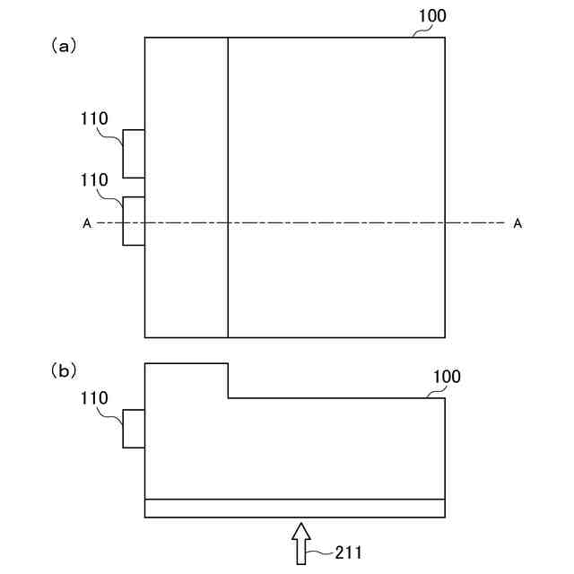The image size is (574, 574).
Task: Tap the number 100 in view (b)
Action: [446, 377]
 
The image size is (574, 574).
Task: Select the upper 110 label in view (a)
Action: [93, 117]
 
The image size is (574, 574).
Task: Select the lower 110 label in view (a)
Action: [93, 180]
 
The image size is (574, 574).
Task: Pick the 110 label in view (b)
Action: [93, 396]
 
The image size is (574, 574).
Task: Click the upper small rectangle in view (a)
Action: [134, 153]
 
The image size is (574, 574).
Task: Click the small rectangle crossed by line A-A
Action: [134, 221]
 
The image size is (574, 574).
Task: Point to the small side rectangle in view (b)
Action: [134, 428]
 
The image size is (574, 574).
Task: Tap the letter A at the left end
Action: [87, 224]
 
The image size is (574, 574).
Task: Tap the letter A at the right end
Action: [517, 224]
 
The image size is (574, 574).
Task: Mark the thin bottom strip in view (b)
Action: [295, 508]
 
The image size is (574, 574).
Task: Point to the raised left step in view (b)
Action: [187, 380]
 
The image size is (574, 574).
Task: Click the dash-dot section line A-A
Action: [341, 222]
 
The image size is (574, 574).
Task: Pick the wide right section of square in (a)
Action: [336, 135]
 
